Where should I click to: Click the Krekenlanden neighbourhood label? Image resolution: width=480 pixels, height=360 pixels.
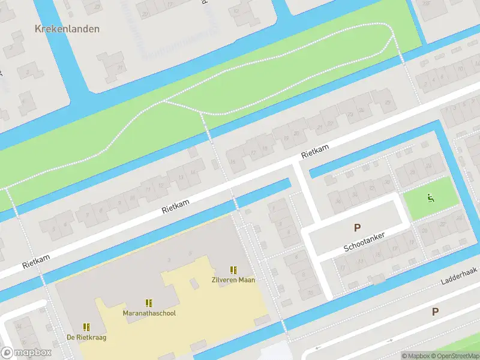tap(67, 29)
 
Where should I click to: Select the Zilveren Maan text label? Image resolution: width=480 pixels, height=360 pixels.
tap(233, 280)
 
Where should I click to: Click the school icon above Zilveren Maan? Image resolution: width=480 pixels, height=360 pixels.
tap(233, 270)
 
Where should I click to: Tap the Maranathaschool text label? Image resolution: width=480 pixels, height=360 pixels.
tap(149, 313)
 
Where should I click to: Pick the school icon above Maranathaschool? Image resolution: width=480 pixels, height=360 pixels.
tap(149, 304)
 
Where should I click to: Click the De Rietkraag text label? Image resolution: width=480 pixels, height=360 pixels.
tap(86, 337)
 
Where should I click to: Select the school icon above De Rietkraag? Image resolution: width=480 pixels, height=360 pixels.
tap(86, 327)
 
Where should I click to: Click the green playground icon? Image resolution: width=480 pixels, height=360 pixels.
tap(430, 199)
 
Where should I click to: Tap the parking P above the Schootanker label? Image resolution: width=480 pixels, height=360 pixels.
tap(358, 227)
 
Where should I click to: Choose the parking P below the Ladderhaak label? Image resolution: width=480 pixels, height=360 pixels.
tap(436, 311)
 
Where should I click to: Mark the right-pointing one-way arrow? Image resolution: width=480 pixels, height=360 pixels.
tap(390, 341)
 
